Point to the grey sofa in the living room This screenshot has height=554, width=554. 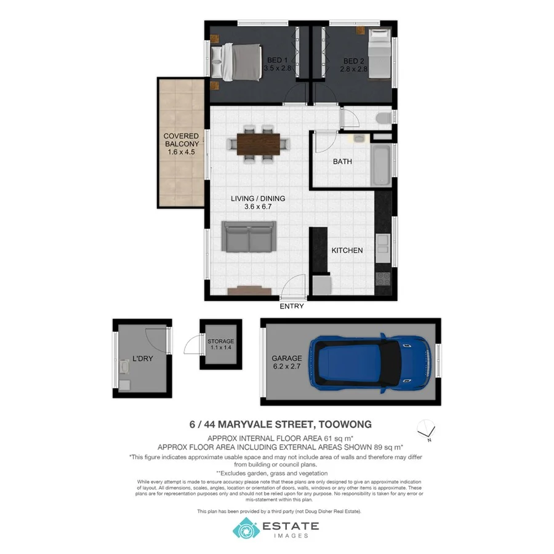(x=249, y=238)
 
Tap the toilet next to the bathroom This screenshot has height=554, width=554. (x=382, y=118)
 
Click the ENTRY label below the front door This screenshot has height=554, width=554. (x=292, y=306)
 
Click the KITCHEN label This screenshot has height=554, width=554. (x=347, y=251)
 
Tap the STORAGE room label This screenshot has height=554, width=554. (x=220, y=341)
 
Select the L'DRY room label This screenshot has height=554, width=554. (x=142, y=358)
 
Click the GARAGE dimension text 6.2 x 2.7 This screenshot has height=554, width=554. (x=287, y=367)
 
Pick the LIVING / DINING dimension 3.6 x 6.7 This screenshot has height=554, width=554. (x=258, y=207)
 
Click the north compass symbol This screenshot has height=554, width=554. (x=426, y=430)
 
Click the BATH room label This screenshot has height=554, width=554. (x=342, y=162)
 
